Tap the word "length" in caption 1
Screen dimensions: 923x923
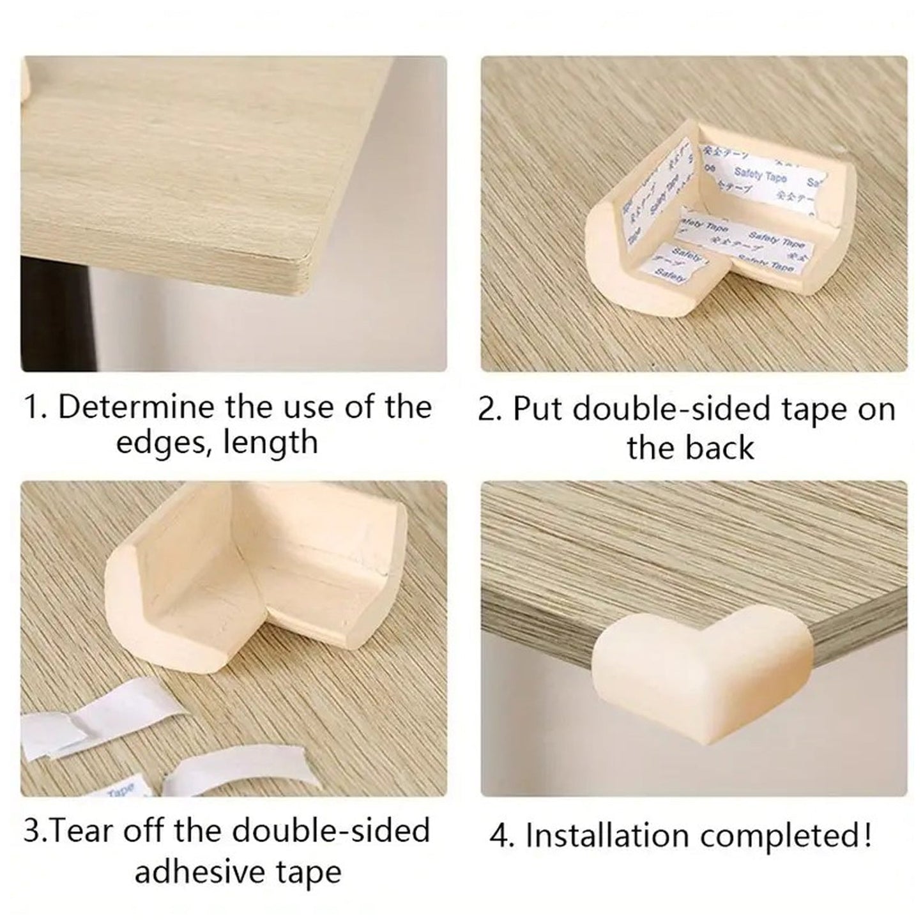[277, 442]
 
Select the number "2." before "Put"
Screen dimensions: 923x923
[491, 409]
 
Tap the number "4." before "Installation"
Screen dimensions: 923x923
[505, 835]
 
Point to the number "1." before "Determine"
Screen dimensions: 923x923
[35, 408]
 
